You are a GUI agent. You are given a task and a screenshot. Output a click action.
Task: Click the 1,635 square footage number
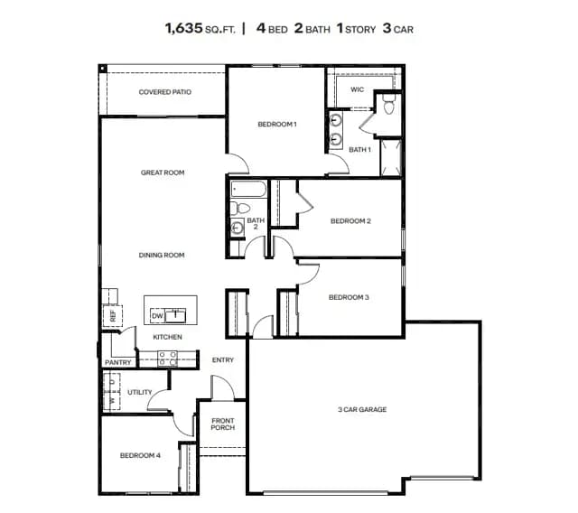(184, 28)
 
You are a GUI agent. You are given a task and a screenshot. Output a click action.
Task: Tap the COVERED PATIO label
(164, 92)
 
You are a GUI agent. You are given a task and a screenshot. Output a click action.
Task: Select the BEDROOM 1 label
(277, 125)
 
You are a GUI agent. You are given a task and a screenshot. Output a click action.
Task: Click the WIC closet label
(357, 89)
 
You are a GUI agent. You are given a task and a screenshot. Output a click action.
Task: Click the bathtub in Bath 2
(248, 189)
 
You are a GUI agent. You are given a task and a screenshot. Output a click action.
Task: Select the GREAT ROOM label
(163, 173)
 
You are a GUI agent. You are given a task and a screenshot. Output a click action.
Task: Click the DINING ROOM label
(162, 255)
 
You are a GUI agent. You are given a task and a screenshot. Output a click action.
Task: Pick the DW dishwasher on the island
(157, 316)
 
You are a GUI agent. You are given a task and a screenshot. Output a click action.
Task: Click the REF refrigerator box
(112, 316)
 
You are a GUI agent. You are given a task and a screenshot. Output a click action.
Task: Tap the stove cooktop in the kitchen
(167, 359)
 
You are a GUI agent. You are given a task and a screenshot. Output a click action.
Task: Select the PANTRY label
(118, 363)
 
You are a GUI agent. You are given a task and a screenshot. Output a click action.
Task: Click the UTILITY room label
(140, 392)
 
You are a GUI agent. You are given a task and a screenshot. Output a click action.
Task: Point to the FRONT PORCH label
(223, 424)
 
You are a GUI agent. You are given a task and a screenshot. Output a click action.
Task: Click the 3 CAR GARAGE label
(362, 409)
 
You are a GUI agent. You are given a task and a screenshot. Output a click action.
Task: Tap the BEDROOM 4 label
(140, 455)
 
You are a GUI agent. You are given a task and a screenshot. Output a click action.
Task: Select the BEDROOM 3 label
(349, 297)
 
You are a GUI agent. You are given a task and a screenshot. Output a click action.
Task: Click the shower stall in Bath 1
(391, 158)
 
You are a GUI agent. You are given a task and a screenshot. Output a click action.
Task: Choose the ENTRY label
(223, 360)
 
